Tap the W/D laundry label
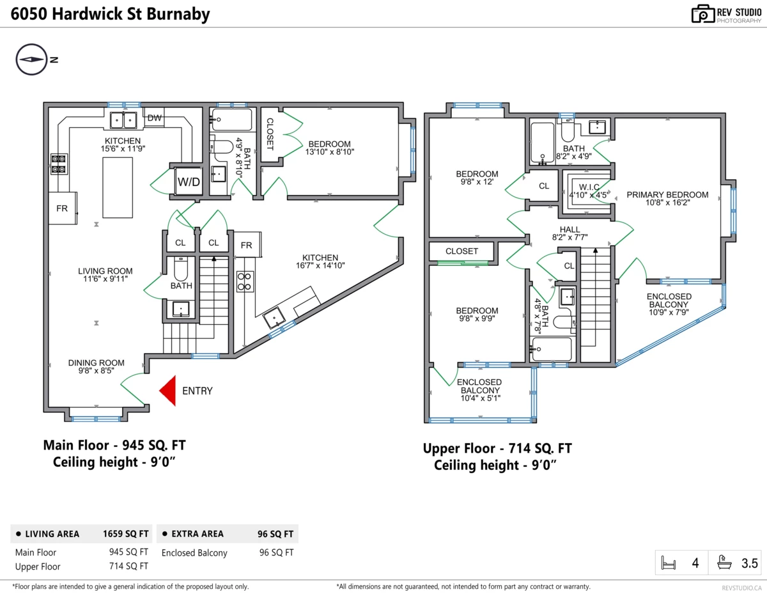[x=189, y=182]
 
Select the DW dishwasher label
[x=155, y=118]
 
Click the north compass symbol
[x=32, y=59]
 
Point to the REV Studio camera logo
[x=702, y=14]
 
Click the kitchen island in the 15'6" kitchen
[x=118, y=187]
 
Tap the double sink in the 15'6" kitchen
[x=123, y=120]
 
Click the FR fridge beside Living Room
[x=63, y=208]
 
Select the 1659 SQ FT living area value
[x=126, y=534]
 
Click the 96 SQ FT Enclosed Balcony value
[x=276, y=552]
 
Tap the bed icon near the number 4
[x=668, y=563]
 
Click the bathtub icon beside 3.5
[x=724, y=562]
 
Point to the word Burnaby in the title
[x=178, y=14]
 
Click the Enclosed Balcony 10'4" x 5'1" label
[x=479, y=390]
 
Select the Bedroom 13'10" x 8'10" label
[x=329, y=148]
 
